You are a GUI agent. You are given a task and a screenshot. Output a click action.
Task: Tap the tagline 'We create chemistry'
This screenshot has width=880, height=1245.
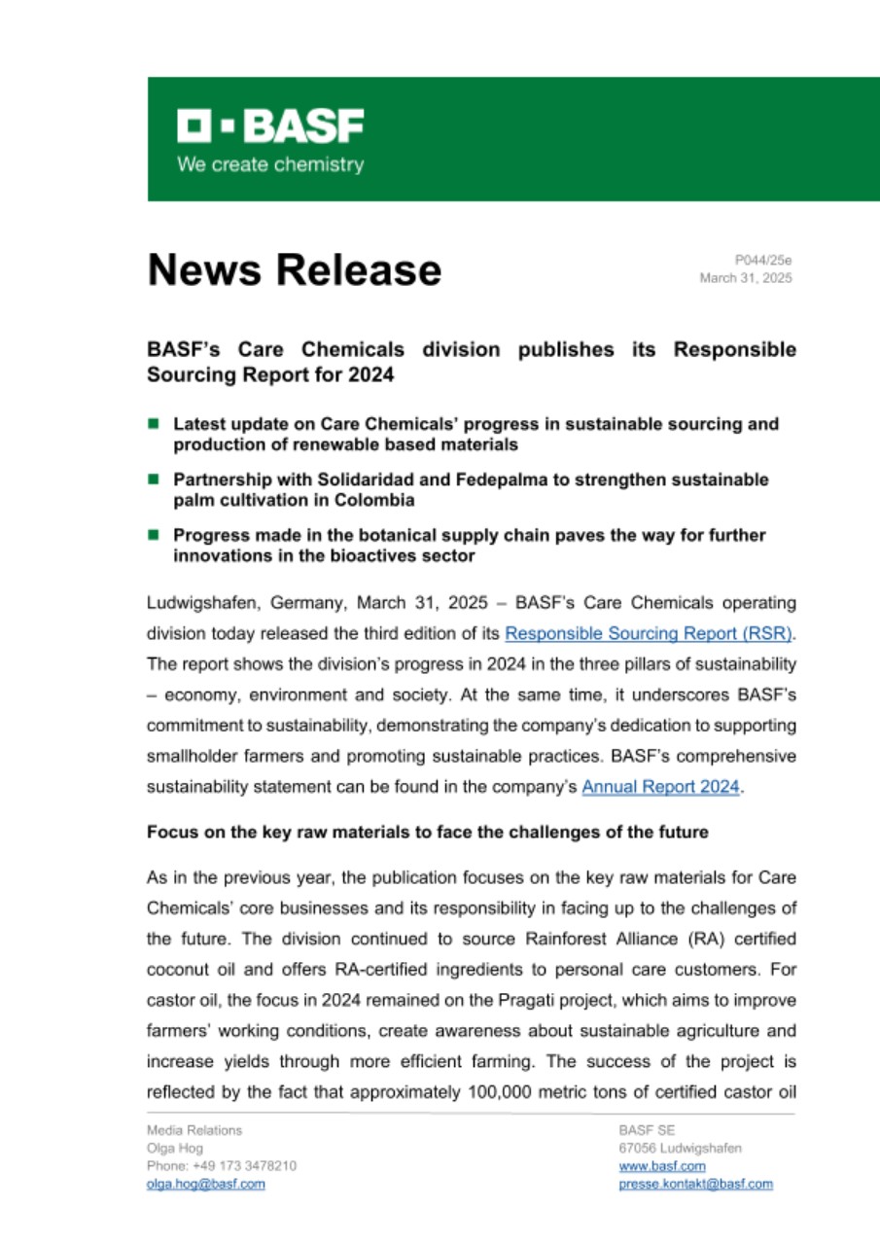(x=269, y=164)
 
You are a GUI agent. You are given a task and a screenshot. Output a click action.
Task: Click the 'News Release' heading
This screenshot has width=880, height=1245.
(x=294, y=269)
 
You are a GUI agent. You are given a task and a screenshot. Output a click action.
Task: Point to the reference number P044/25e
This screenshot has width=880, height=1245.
(x=763, y=260)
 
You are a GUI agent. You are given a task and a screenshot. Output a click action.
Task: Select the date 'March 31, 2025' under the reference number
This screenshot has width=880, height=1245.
(x=746, y=278)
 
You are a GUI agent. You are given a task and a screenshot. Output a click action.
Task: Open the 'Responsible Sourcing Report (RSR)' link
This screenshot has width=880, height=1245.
(x=649, y=633)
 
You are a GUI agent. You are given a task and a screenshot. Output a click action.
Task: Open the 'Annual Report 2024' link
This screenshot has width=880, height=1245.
(x=661, y=789)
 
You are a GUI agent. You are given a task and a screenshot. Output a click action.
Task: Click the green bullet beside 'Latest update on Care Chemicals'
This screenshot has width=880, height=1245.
(x=153, y=424)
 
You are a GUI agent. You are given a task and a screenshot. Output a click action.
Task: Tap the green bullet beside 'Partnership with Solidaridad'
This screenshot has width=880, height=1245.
(x=153, y=480)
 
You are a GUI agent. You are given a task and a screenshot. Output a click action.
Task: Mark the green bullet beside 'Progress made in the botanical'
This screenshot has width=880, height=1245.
(x=153, y=535)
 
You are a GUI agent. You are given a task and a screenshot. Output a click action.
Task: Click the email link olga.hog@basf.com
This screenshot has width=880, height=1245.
(x=205, y=1184)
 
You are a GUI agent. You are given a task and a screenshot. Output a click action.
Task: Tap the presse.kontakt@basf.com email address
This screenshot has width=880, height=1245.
(x=695, y=1184)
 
